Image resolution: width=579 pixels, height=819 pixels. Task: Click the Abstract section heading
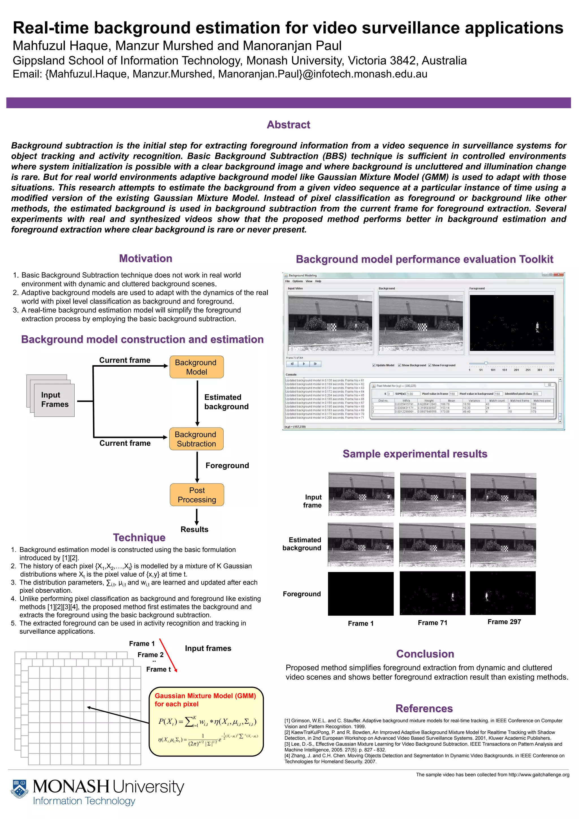pos(288,124)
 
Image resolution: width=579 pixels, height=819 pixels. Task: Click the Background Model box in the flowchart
pos(196,367)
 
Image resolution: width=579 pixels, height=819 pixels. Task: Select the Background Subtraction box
pos(196,439)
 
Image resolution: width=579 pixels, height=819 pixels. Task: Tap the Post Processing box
pos(197,495)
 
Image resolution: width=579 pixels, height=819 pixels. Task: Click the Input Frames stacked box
pos(54,399)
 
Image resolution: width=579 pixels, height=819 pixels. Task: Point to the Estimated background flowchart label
pos(226,402)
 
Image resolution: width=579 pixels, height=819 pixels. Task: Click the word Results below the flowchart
pos(194,529)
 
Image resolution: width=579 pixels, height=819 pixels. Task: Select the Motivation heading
pos(146,258)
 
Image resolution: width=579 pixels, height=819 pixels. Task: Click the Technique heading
pos(139,537)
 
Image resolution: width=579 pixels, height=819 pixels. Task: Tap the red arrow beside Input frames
pos(168,655)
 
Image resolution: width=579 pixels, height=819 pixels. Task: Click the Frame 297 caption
pos(504,622)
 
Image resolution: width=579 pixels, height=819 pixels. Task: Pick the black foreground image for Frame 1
pos(360,594)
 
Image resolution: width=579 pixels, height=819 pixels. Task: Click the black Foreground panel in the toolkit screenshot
pos(511,323)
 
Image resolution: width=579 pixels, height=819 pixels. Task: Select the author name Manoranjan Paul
pos(292,46)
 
